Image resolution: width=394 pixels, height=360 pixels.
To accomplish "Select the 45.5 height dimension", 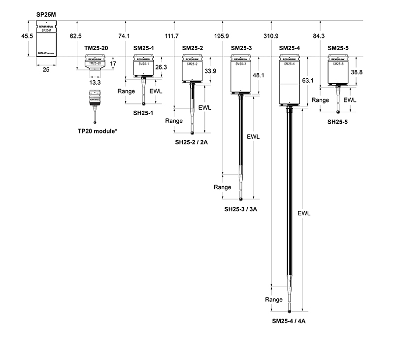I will (x=27, y=36).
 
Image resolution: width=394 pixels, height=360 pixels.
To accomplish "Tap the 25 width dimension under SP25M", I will (x=46, y=70).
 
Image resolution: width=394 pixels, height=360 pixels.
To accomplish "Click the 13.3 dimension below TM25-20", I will (x=95, y=83).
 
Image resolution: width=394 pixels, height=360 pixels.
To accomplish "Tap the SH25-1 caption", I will (x=143, y=113).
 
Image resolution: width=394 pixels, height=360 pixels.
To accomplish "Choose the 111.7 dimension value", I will (x=172, y=36).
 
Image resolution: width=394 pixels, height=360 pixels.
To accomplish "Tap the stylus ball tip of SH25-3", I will (x=241, y=199).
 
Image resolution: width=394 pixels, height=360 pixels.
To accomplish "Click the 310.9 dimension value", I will (x=271, y=36).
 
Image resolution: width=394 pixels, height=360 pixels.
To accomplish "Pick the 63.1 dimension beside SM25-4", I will (x=308, y=80).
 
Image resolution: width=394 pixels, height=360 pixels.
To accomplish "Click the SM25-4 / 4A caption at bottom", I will (x=290, y=321).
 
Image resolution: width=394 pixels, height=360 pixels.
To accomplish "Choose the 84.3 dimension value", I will (x=319, y=36).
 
